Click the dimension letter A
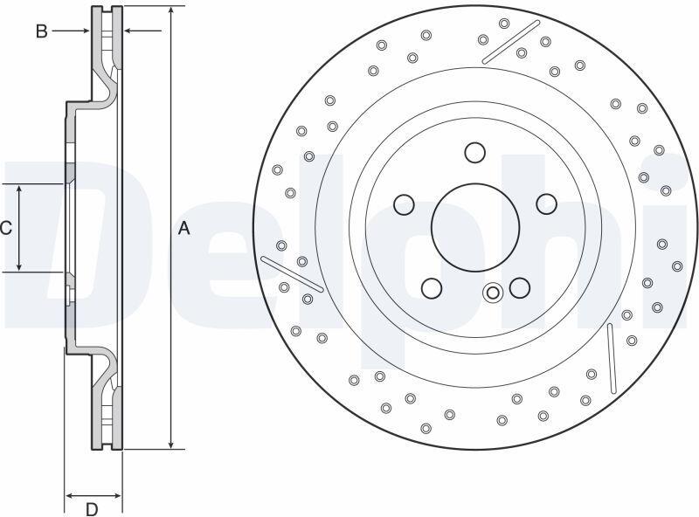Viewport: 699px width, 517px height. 183,228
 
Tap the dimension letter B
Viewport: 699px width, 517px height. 41,31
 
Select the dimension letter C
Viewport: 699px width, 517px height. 6,228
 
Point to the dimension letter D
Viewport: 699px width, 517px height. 92,508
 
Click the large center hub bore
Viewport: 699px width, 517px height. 475,227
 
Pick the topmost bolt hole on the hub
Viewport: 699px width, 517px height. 474,153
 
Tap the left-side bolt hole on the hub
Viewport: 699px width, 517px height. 405,204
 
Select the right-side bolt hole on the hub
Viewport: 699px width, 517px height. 546,203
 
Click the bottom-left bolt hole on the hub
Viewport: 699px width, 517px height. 431,288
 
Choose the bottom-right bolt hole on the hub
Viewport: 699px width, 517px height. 519,287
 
